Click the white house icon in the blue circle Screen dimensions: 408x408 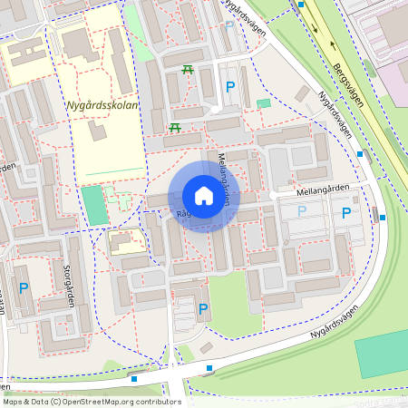tap(204, 196)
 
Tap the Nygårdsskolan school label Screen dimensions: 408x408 tap(102, 105)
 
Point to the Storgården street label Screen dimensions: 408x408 tap(68, 285)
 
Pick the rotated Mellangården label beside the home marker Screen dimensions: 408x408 tap(223, 176)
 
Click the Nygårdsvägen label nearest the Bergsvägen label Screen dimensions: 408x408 tap(335, 113)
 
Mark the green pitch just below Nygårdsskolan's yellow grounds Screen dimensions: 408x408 tap(92, 205)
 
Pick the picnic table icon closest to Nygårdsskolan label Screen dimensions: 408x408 tap(171, 128)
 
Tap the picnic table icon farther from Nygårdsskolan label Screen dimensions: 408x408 tap(188, 70)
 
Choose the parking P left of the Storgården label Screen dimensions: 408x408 tap(24, 288)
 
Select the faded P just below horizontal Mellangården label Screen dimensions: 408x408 tap(302, 211)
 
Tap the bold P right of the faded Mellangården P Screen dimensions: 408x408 tap(345, 213)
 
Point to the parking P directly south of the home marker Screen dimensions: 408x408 tap(203, 309)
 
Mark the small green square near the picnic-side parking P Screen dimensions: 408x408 tap(263, 104)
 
